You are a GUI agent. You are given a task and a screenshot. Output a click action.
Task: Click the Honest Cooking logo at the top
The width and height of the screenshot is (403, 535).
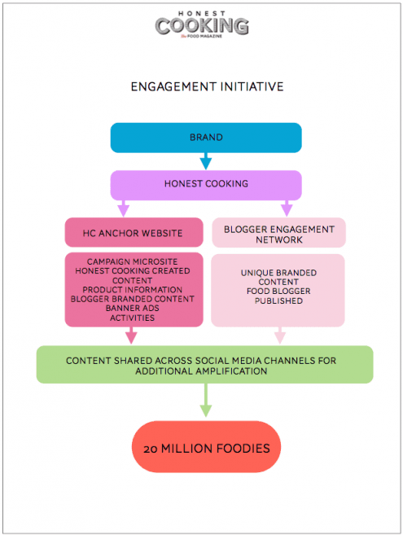(202, 24)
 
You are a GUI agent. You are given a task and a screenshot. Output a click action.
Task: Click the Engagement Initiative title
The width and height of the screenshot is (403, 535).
(207, 86)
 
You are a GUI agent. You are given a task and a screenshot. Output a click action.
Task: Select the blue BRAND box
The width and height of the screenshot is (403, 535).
(206, 138)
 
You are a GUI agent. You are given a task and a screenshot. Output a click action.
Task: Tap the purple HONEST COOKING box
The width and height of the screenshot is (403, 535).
(206, 185)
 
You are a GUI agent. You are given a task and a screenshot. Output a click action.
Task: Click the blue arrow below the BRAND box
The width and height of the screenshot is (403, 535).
(206, 161)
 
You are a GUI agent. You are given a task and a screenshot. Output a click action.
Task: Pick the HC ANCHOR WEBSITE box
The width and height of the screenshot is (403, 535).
(134, 232)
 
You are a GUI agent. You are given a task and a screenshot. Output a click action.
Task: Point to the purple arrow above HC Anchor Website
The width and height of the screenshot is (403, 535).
(123, 208)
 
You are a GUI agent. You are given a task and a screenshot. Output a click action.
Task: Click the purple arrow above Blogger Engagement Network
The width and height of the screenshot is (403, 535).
(287, 208)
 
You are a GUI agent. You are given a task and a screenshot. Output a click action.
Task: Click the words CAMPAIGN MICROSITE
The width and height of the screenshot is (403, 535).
(133, 261)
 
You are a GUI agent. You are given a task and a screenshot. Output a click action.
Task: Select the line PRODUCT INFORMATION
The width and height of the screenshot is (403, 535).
(133, 290)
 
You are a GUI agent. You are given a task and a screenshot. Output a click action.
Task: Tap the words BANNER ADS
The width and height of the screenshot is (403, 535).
(133, 308)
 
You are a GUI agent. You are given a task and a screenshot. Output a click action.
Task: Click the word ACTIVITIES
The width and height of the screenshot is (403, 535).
(133, 318)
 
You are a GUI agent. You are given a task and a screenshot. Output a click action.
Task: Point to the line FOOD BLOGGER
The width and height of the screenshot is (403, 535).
(278, 291)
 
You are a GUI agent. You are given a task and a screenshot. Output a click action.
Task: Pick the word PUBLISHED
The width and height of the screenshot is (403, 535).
(278, 300)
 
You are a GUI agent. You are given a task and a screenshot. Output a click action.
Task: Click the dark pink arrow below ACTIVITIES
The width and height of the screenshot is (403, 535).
(131, 335)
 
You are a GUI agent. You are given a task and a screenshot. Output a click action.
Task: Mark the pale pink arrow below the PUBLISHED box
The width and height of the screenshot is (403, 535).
(280, 335)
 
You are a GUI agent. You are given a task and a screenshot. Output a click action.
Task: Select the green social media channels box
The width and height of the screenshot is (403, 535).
(204, 364)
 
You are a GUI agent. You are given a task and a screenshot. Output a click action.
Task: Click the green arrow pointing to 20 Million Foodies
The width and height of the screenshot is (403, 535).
(206, 400)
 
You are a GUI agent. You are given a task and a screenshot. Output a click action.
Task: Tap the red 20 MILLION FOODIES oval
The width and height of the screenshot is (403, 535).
(207, 446)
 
